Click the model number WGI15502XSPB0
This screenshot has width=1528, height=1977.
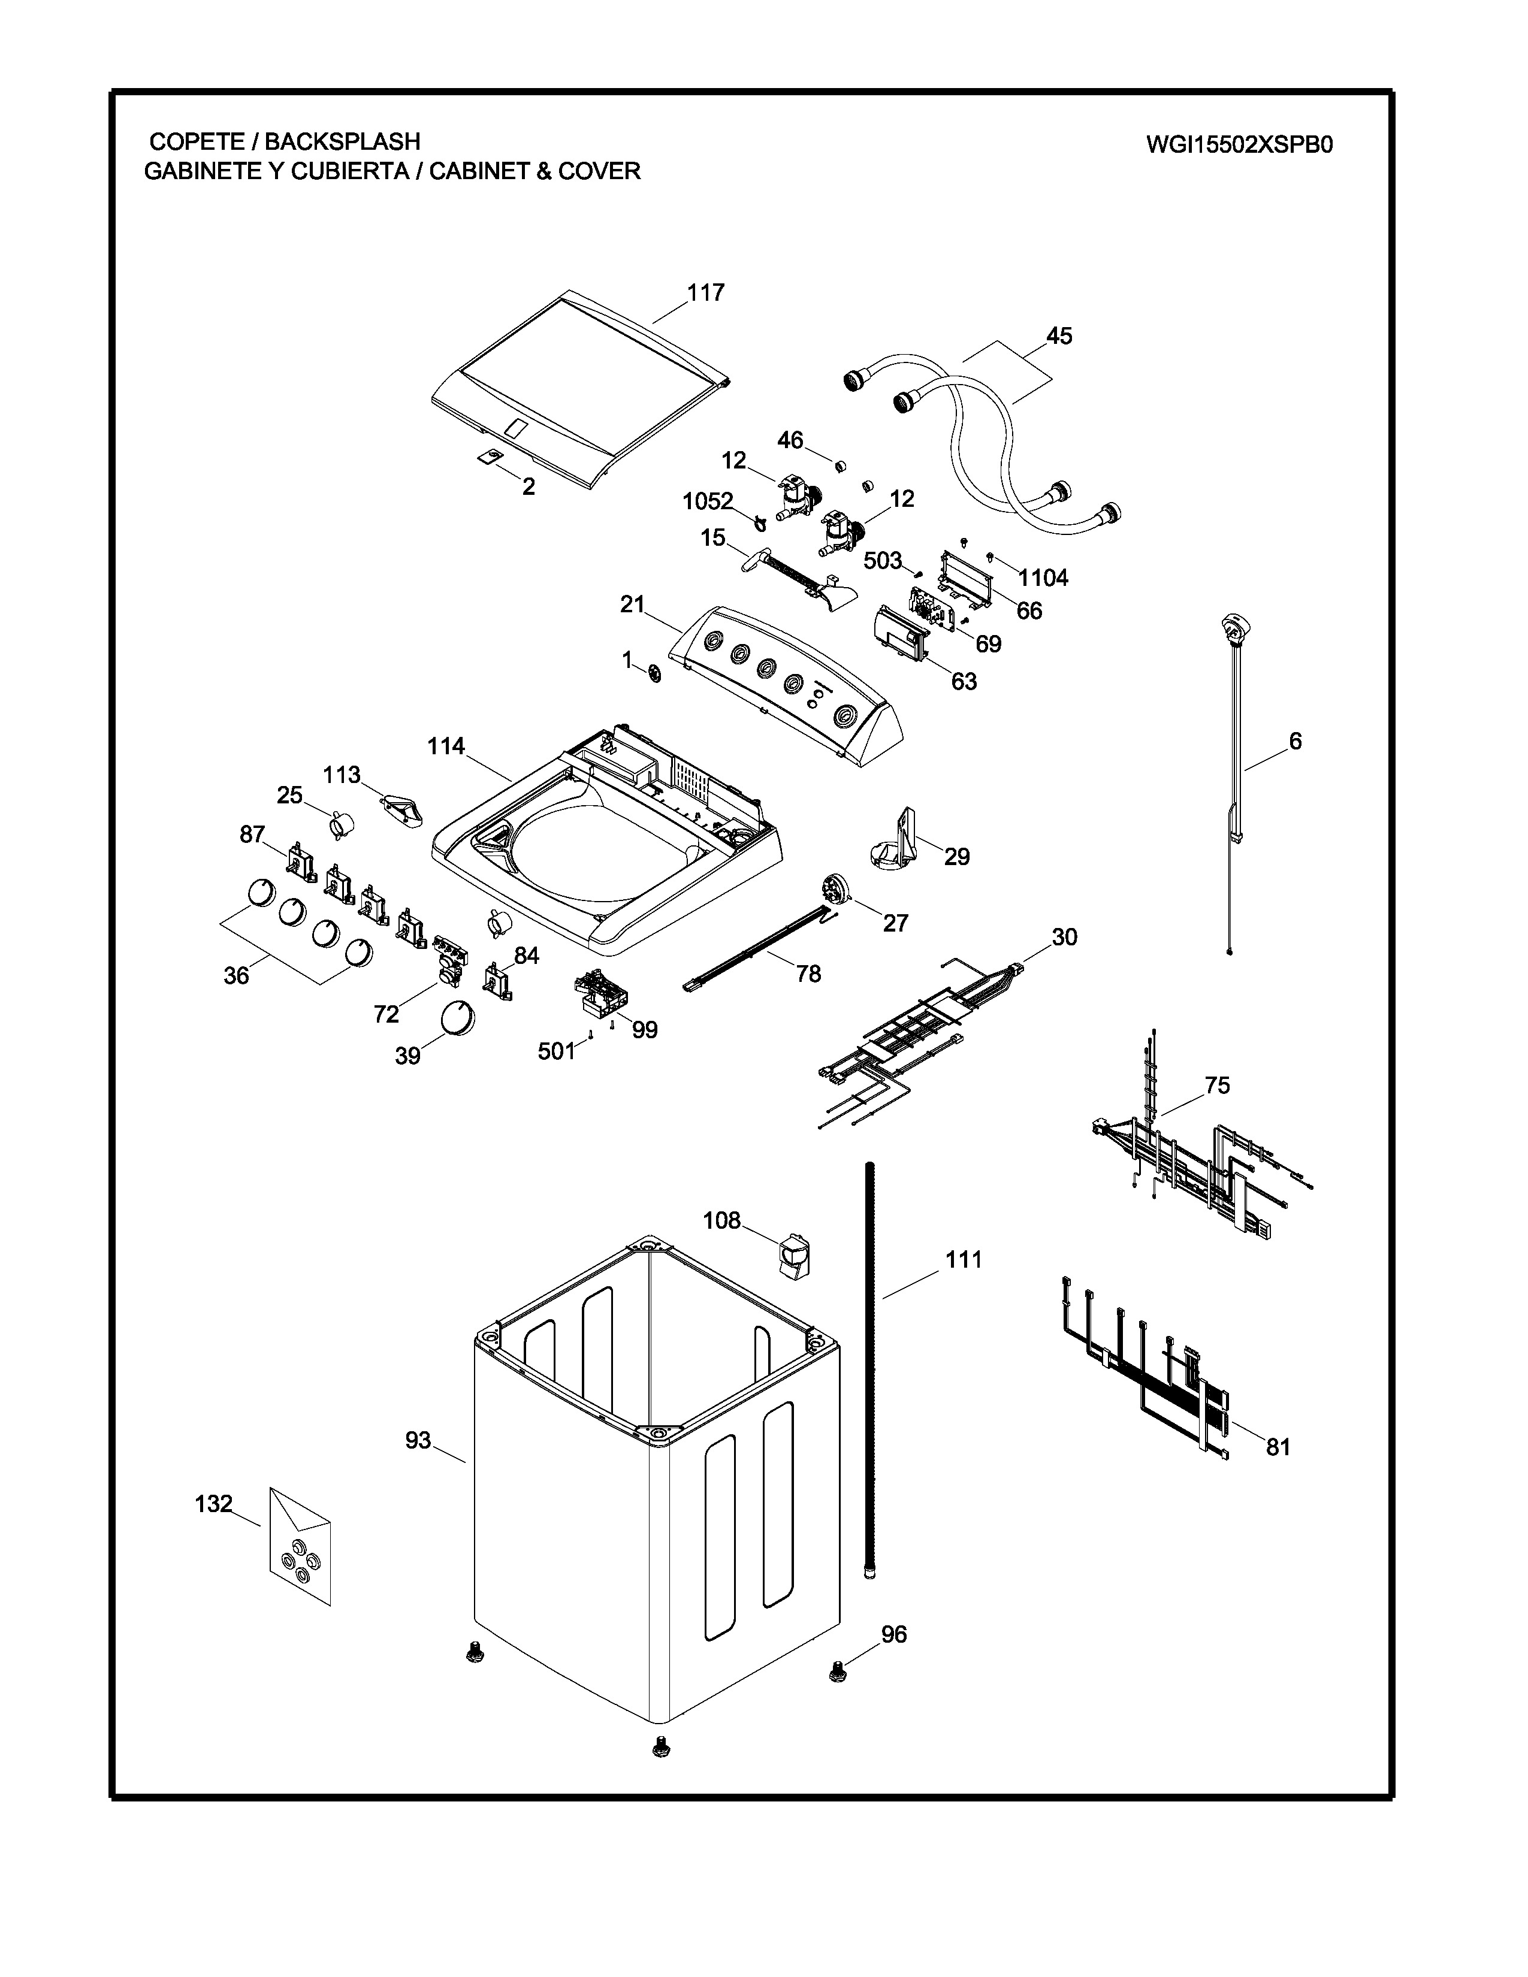[1239, 145]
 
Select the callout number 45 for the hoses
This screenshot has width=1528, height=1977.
[1059, 336]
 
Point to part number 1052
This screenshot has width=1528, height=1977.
[707, 501]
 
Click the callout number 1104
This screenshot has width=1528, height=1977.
[1043, 578]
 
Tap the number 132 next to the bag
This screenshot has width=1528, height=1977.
[214, 1504]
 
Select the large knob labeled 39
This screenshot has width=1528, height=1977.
[457, 1018]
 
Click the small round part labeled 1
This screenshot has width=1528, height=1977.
[654, 673]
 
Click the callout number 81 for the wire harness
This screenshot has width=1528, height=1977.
[1278, 1447]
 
